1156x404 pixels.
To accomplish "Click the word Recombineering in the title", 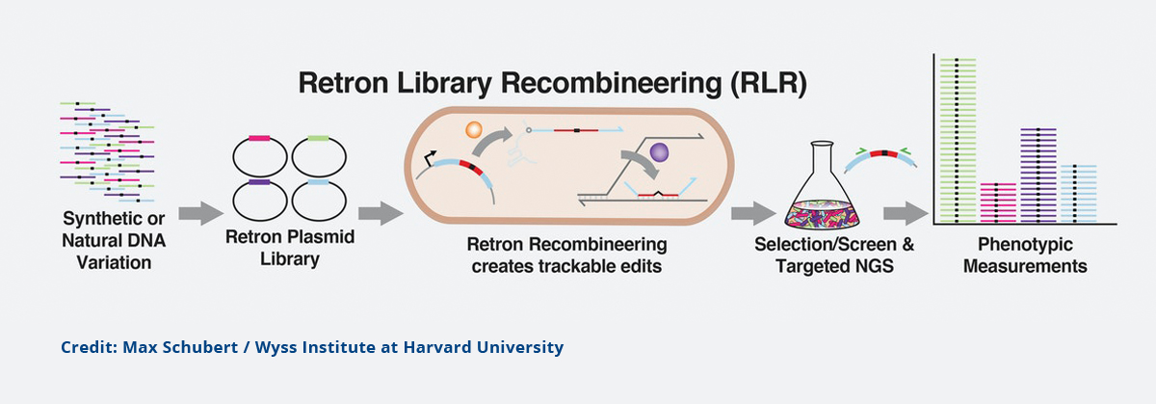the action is click(611, 83).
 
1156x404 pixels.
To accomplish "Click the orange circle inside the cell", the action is click(473, 129).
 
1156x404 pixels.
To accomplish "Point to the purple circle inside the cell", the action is click(659, 152).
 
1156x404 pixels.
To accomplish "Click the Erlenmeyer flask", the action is click(822, 186).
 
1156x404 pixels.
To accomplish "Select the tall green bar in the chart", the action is click(958, 141).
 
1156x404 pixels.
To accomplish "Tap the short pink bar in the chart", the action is click(998, 203).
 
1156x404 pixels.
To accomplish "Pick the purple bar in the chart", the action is click(1038, 175).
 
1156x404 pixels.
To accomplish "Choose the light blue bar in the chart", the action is click(1079, 194).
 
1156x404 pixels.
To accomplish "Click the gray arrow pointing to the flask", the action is click(753, 213).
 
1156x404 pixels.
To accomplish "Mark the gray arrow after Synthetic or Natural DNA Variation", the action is click(200, 213).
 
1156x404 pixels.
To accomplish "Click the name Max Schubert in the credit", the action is click(180, 347).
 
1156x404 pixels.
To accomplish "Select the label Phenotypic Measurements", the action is click(1025, 256).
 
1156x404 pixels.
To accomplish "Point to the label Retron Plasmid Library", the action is click(290, 248).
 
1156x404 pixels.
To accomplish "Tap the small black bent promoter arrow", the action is click(430, 157).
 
